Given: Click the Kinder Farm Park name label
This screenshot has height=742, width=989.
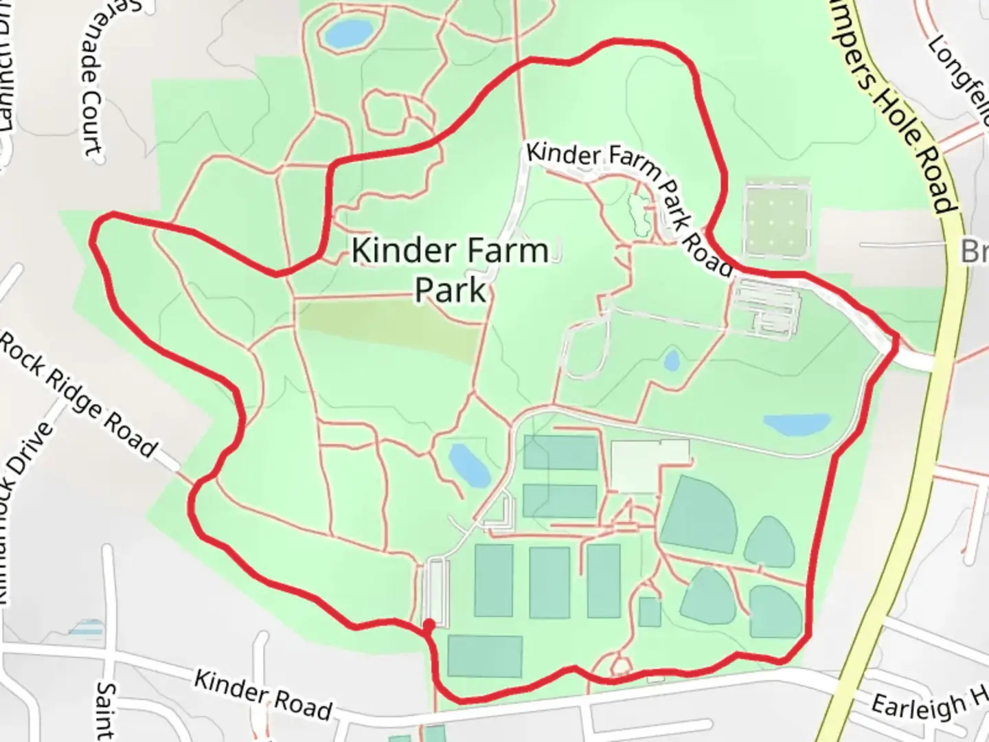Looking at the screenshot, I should click(451, 269).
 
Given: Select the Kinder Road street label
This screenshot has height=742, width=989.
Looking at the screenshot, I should click(264, 694).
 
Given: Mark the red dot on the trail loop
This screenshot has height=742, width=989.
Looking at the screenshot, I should click(429, 625).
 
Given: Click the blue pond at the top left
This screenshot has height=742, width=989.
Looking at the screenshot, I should click(348, 32).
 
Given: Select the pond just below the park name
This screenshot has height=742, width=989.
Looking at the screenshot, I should click(468, 464).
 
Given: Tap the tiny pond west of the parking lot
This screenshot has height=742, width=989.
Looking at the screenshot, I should click(672, 360).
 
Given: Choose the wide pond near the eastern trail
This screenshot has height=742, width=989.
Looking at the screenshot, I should click(797, 425).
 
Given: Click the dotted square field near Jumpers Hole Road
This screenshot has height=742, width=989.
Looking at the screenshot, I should click(777, 219).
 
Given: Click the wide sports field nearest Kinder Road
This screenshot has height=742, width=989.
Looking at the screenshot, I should click(485, 656).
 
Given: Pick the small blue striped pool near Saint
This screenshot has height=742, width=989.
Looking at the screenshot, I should click(86, 628).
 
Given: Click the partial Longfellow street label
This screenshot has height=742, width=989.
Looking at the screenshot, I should click(962, 76).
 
